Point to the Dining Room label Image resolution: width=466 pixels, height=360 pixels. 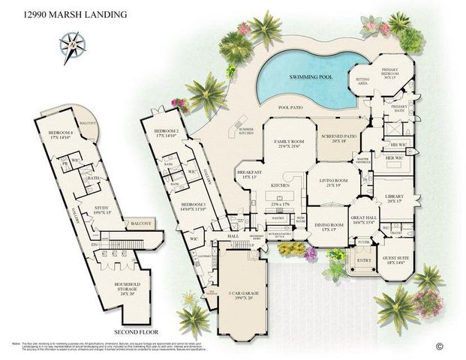pos(329,227)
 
